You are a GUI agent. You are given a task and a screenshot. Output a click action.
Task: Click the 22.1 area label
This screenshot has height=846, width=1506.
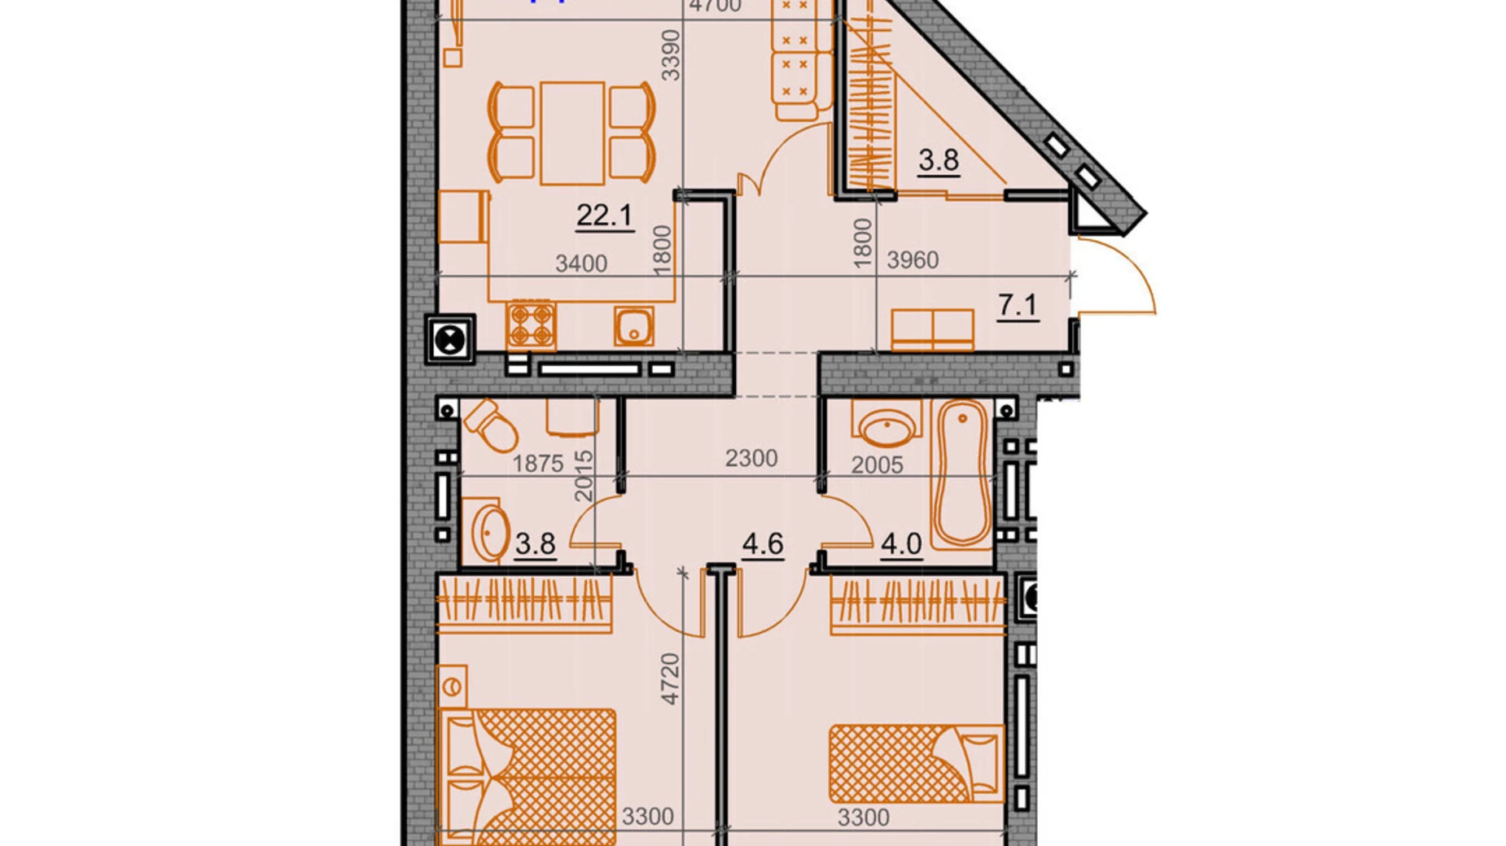tap(603, 216)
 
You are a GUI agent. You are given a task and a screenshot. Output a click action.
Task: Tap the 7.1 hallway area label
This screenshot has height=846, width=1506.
tap(1017, 306)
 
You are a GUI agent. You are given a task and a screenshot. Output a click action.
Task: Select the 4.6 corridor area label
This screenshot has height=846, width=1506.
tap(762, 543)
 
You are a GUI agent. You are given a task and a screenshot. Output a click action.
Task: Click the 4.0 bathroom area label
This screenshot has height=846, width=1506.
tap(900, 543)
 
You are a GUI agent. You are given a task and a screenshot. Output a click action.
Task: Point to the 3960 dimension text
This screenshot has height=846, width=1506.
tap(913, 260)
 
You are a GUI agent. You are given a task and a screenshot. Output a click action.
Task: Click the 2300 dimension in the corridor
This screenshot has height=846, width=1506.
tap(751, 459)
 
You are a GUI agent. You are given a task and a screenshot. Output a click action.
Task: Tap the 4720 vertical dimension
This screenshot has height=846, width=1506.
tap(670, 678)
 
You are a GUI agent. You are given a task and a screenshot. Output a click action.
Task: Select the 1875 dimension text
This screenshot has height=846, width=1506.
tap(537, 464)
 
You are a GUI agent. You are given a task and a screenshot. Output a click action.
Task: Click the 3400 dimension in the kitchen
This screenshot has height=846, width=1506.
tap(580, 264)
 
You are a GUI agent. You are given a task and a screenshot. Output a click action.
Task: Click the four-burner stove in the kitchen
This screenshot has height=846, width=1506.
tap(531, 325)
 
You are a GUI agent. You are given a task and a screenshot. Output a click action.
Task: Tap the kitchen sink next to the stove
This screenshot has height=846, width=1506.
tap(633, 326)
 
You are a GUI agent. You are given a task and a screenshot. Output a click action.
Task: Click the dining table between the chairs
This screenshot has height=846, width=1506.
tap(572, 133)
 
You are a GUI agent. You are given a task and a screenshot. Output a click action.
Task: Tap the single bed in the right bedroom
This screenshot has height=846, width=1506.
tap(916, 764)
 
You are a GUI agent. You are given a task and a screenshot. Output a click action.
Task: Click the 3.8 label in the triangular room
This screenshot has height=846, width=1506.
tap(938, 161)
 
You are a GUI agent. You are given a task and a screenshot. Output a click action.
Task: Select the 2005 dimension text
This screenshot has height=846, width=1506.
tap(877, 465)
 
